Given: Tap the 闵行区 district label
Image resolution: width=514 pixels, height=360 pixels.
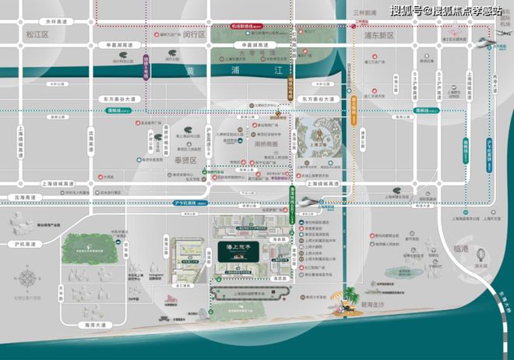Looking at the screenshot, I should [194, 35].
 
